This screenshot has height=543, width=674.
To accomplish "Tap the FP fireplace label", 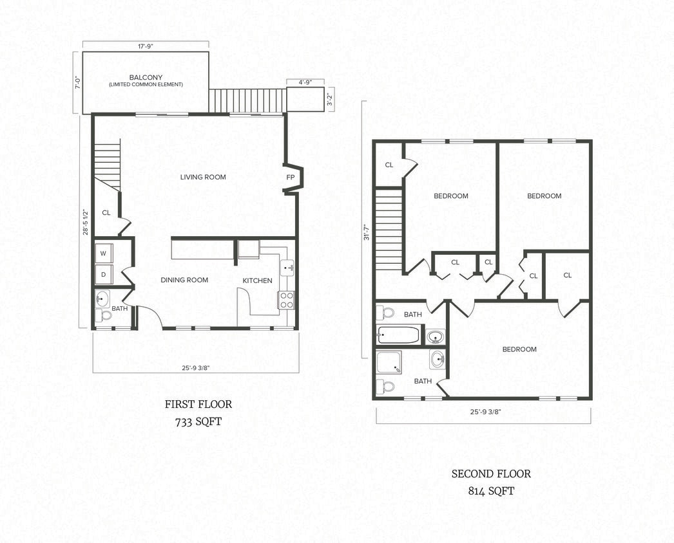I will (290, 177).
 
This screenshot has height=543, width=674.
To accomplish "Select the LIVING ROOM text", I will (203, 177).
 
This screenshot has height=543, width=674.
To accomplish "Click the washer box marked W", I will (103, 253).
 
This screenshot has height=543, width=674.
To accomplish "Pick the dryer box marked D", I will (103, 275).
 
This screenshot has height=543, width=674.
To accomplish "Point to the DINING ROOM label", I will (184, 280).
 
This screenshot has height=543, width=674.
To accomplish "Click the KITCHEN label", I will (257, 281).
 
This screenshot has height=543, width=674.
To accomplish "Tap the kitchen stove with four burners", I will (286, 300).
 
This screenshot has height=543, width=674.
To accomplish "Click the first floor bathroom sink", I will (102, 298).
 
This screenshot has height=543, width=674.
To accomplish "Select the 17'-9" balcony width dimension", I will (145, 45).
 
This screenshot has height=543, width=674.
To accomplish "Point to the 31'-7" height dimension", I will (365, 232).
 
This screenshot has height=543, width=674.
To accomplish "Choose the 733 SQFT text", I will (198, 423).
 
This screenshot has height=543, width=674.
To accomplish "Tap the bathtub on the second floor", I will (398, 335).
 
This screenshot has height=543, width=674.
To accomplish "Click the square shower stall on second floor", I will (389, 363).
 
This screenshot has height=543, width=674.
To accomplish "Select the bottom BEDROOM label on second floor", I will (519, 349).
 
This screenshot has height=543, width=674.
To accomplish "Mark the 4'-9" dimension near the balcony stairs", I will (305, 82).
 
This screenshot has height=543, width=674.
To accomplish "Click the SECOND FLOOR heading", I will (491, 474).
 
